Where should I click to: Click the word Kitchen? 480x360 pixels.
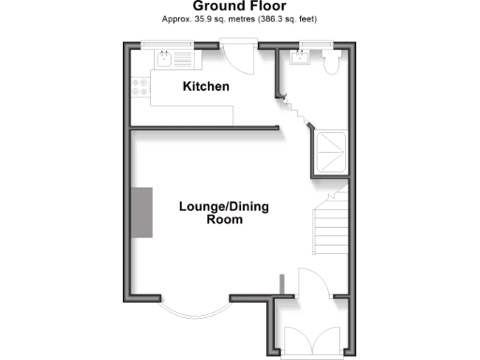(205, 87)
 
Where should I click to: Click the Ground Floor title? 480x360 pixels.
(239, 6)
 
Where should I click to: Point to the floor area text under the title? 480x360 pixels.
(239, 19)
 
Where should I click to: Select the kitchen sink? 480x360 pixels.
(165, 60)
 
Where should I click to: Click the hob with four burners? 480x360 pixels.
(142, 89)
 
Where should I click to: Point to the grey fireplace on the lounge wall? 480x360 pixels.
(142, 213)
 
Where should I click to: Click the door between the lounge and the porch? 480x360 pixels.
(312, 281)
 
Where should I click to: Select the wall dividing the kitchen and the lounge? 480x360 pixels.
(206, 129)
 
